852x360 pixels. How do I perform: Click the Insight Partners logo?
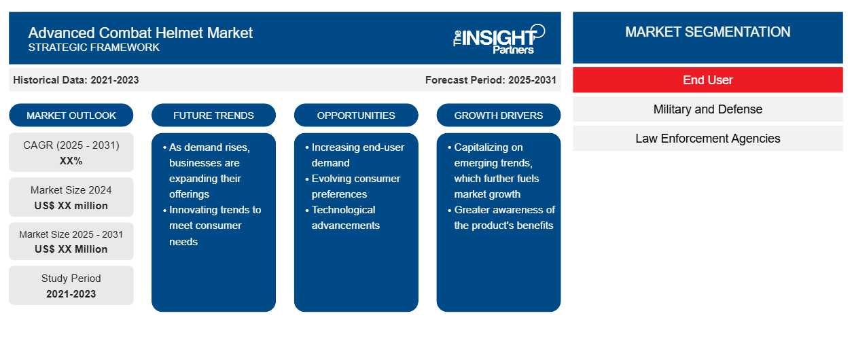click(x=499, y=39)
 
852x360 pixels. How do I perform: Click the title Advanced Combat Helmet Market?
click(x=141, y=33)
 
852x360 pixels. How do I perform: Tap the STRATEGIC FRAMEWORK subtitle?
click(x=94, y=48)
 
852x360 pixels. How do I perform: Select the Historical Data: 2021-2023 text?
click(x=75, y=80)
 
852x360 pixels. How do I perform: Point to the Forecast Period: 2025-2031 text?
click(x=491, y=80)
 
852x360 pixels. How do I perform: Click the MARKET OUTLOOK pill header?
click(x=71, y=115)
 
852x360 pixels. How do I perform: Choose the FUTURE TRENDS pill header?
click(x=213, y=115)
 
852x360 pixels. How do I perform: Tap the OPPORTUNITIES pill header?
click(x=356, y=115)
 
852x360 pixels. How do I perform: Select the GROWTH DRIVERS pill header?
click(x=498, y=115)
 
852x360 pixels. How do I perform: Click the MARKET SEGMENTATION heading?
click(x=707, y=32)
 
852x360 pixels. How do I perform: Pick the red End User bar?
click(x=707, y=80)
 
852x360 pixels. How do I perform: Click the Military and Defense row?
click(x=707, y=109)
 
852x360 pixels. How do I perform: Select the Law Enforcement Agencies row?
click(x=707, y=139)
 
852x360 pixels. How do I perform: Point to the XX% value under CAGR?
click(x=71, y=161)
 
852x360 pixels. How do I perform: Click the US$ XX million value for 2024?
click(x=71, y=206)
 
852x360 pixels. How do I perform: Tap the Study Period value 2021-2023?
click(x=71, y=294)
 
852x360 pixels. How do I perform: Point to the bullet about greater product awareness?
click(x=501, y=217)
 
